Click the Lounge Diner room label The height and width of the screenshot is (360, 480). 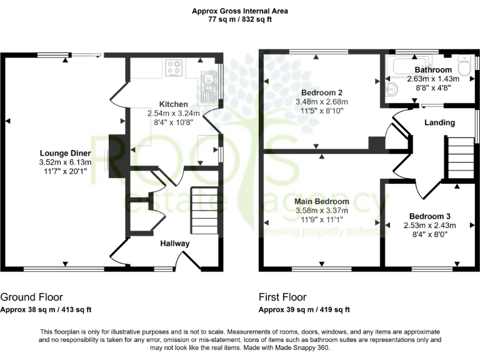click(66, 153)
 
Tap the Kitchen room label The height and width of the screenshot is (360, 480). click(173, 104)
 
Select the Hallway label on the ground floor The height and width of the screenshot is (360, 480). click(175, 243)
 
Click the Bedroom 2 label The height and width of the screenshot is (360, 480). click(322, 92)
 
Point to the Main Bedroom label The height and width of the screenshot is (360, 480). click(322, 201)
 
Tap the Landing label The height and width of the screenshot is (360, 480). click(439, 122)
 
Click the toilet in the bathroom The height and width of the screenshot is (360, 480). click(464, 65)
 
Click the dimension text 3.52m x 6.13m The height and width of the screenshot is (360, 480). click(66, 162)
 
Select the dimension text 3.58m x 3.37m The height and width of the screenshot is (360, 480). click(322, 210)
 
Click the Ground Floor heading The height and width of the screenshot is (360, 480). click(31, 297)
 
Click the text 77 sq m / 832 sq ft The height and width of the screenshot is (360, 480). click(240, 19)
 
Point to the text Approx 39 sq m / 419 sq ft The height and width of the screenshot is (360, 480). click(304, 309)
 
